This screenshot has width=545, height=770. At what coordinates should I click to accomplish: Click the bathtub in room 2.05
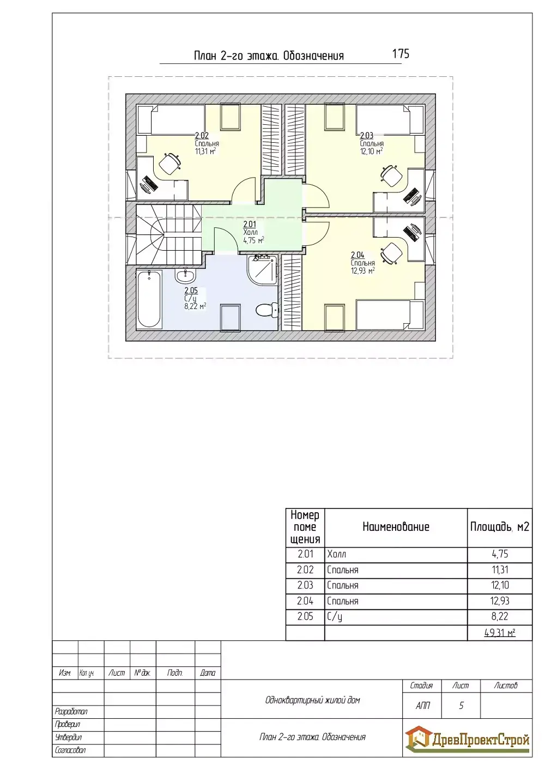pyautogui.click(x=149, y=299)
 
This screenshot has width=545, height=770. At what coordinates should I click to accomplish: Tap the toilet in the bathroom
pyautogui.click(x=267, y=310)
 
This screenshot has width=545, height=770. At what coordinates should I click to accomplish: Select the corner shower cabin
pyautogui.click(x=262, y=270)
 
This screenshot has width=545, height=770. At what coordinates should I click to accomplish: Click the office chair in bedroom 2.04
pyautogui.click(x=392, y=253)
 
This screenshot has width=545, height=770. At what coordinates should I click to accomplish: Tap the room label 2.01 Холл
pyautogui.click(x=253, y=232)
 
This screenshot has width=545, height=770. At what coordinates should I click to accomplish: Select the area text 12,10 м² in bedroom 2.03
pyautogui.click(x=371, y=151)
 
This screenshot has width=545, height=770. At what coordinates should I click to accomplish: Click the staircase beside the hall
pyautogui.click(x=168, y=234)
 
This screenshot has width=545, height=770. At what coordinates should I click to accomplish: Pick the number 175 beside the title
pyautogui.click(x=401, y=53)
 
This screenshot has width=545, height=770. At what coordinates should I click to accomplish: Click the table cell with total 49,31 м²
pyautogui.click(x=500, y=633)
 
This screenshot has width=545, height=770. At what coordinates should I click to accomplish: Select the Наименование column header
pyautogui.click(x=396, y=526)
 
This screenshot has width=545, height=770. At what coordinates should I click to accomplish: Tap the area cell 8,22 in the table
pyautogui.click(x=500, y=616)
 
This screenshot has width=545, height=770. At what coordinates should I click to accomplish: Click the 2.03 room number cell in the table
pyautogui.click(x=305, y=585)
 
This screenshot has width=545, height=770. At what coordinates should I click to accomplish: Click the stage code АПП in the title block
pyautogui.click(x=422, y=705)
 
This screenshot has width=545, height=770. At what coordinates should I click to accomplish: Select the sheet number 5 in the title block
pyautogui.click(x=461, y=705)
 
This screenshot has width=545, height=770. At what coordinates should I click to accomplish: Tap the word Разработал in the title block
pyautogui.click(x=71, y=711)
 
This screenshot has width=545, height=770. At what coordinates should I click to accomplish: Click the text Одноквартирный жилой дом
pyautogui.click(x=312, y=700)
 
